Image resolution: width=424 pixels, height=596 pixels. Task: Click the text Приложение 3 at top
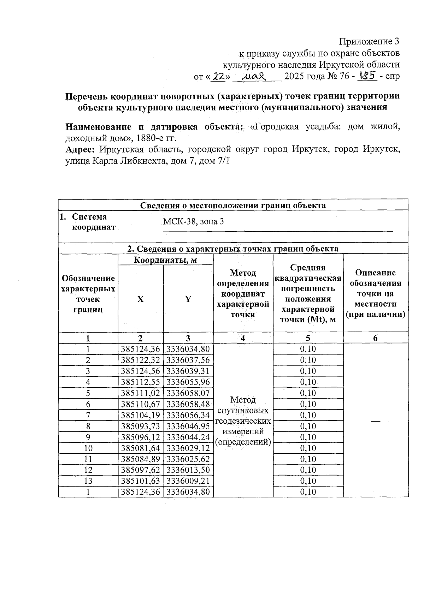[x=369, y=42]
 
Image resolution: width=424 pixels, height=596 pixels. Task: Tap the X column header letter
[x=140, y=299]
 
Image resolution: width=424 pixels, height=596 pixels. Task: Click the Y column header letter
[x=188, y=299]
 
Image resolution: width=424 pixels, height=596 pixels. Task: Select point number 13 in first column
[x=88, y=481]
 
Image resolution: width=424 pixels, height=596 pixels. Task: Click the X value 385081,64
[x=140, y=448]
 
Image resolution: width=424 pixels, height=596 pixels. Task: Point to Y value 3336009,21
[x=188, y=481]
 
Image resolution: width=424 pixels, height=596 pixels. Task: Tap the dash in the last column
[x=375, y=421]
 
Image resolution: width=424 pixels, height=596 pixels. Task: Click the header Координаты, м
[x=165, y=260]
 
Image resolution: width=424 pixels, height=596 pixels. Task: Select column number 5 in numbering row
[x=308, y=338]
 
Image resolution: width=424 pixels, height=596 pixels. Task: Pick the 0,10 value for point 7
[x=308, y=415]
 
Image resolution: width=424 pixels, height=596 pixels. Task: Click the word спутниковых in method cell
[x=243, y=411]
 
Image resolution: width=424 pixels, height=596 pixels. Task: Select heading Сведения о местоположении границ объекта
[x=233, y=205]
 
